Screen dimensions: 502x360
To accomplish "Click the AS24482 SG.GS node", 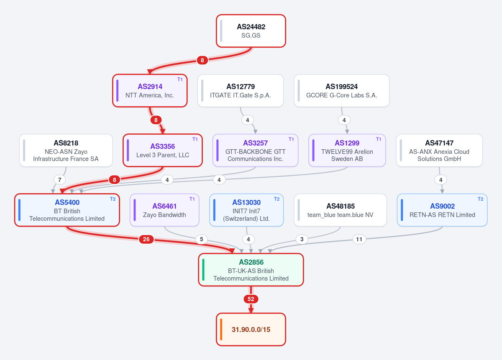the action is click(251, 31).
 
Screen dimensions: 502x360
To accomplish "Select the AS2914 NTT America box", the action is click(150, 91).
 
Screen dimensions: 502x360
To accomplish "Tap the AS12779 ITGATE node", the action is click(241, 91).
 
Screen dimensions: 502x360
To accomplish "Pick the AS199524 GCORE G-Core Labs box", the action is click(341, 91).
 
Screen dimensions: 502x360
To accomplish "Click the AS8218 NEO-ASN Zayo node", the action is click(66, 151).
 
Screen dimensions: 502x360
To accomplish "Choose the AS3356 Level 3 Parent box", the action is click(163, 151).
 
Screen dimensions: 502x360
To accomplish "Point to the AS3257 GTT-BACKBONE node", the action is click(255, 151).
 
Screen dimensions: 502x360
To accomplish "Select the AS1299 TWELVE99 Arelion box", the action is click(347, 151).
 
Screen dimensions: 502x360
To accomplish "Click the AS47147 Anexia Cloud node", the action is click(439, 151).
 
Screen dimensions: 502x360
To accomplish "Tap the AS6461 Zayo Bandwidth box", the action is click(164, 210).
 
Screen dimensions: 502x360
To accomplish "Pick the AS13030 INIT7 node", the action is click(246, 210).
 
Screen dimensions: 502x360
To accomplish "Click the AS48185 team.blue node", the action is click(340, 210).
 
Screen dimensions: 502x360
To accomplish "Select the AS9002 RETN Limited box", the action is click(442, 210).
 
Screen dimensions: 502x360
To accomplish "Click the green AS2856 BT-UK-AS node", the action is click(251, 270).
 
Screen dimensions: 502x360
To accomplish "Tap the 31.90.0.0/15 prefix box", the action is click(251, 329).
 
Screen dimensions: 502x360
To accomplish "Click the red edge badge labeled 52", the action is click(251, 299).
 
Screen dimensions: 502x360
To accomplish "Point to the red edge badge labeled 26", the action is click(146, 239).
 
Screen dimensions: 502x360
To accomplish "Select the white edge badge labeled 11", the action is click(359, 239).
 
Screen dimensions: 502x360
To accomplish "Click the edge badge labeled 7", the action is click(59, 180).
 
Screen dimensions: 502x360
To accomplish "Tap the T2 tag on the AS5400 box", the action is click(113, 199).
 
